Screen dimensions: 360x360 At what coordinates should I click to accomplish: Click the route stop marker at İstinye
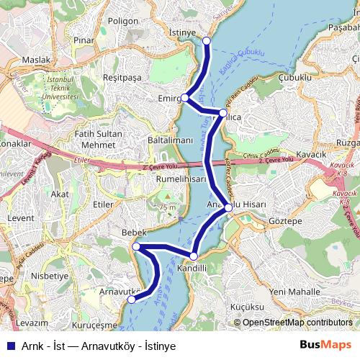207,40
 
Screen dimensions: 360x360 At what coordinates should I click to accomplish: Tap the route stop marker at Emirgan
185,97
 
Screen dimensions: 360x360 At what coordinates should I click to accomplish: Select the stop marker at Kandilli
193,256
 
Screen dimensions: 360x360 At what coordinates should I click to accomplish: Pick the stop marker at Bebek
136,247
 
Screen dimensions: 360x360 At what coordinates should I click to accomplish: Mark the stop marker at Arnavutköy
130,300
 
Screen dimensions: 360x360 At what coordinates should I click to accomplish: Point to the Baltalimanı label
170,139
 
